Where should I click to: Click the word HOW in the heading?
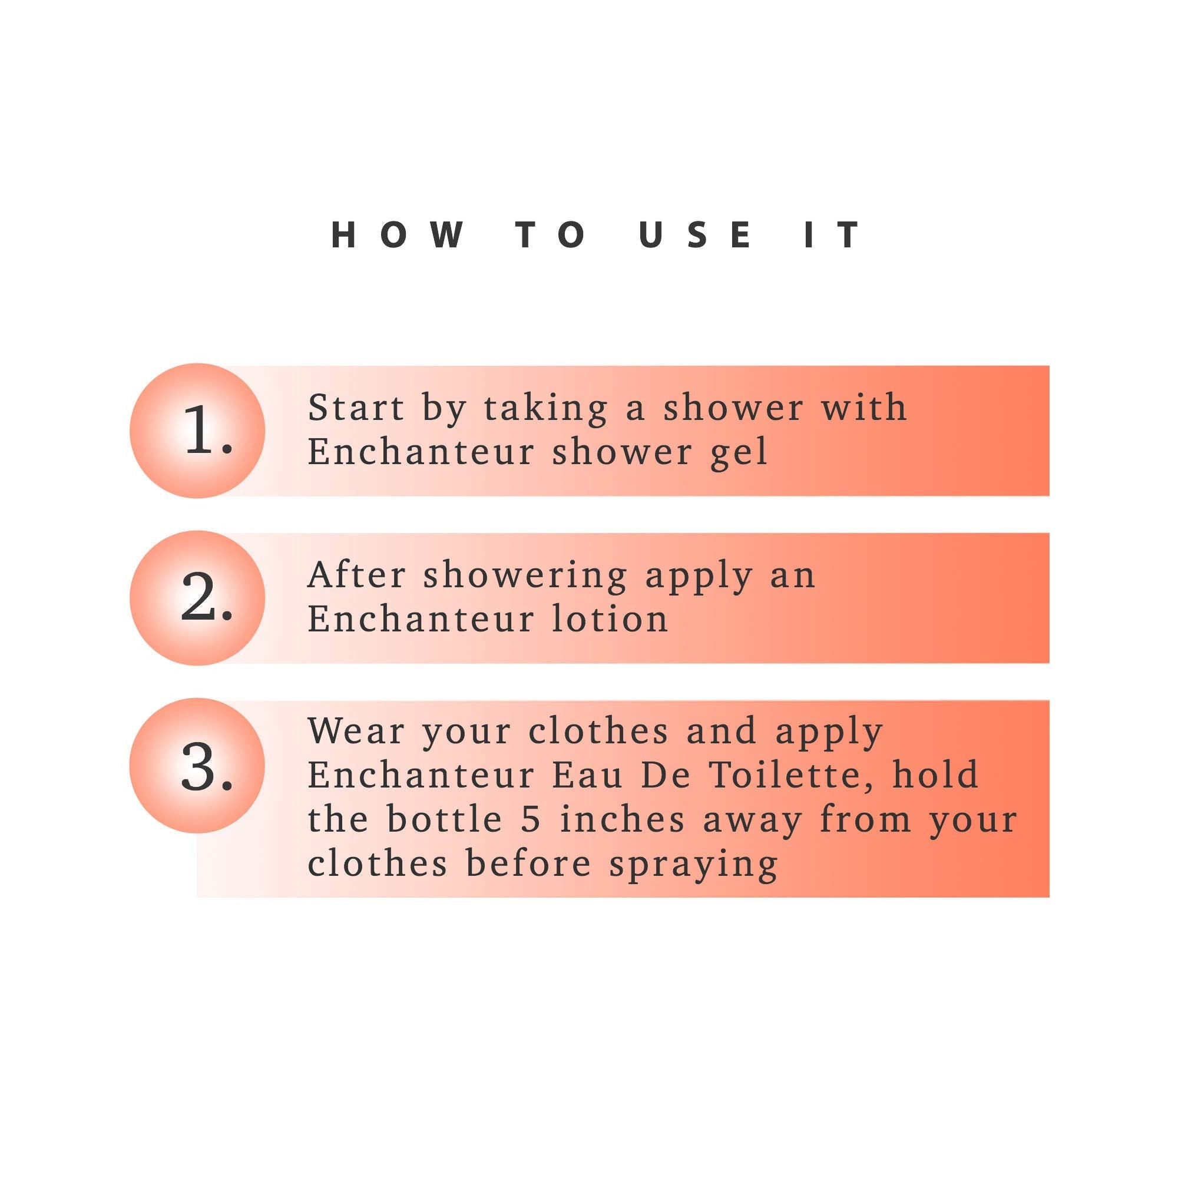[x=397, y=235]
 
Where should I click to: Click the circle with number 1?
[x=197, y=431]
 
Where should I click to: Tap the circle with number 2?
[x=197, y=597]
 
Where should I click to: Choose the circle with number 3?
[x=197, y=766]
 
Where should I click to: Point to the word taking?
[x=546, y=410]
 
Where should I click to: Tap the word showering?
[x=525, y=577]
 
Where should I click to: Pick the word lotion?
[x=610, y=619]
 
